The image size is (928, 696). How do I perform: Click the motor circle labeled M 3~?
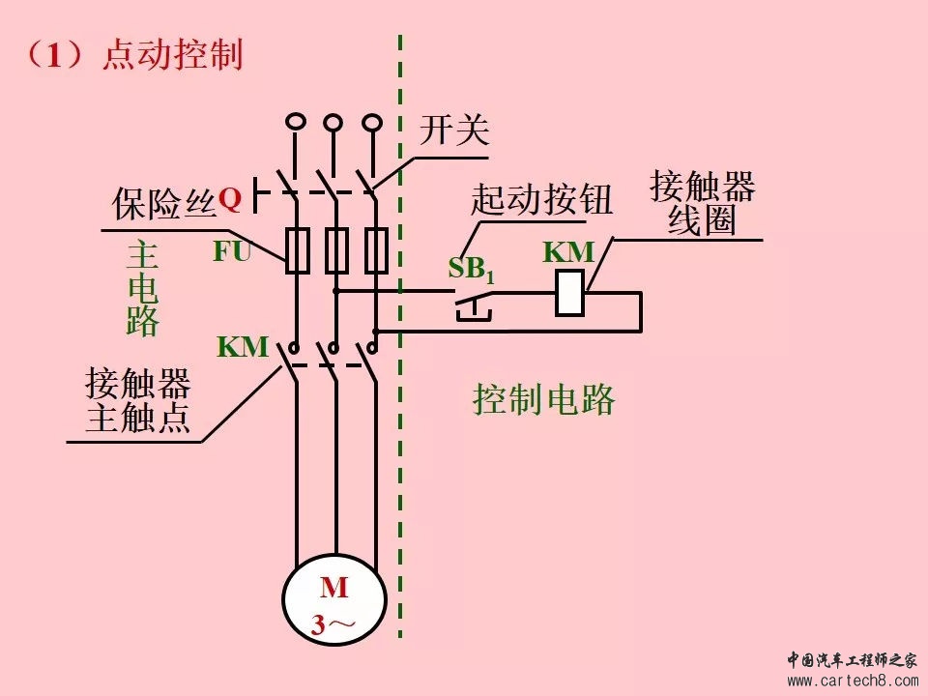333,599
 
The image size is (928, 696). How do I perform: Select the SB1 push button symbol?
473,304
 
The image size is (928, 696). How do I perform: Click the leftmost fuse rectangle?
298,251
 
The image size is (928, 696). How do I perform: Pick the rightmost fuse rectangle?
376,251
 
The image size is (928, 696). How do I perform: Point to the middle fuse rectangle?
336,251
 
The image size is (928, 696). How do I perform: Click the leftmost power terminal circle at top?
296,122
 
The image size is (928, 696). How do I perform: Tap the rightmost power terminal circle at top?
372,122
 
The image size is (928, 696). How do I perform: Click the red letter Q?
229,199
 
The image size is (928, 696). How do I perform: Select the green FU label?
232,251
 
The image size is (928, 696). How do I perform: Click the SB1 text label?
471,270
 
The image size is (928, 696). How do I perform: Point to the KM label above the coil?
568,252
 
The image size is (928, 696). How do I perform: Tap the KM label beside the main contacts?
242,346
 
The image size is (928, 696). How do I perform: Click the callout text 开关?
453,130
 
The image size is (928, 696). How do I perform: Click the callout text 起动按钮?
541,199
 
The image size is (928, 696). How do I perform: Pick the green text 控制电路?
544,399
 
